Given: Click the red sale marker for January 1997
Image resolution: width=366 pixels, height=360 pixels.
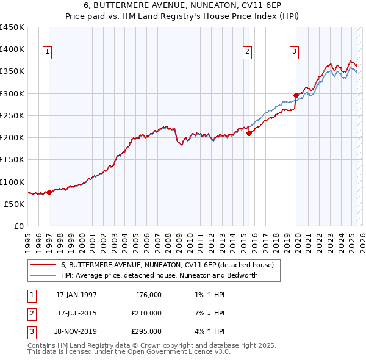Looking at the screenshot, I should (x=49, y=192).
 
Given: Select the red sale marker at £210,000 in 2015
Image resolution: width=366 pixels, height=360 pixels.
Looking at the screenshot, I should (x=249, y=133).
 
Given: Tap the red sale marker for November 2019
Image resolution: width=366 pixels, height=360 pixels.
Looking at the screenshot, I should (x=296, y=95).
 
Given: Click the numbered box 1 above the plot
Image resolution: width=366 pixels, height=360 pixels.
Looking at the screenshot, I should (x=47, y=52).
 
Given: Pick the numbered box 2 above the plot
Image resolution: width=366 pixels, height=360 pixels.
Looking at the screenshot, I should (x=247, y=52).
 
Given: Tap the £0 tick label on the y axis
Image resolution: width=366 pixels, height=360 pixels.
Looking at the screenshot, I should (x=18, y=226).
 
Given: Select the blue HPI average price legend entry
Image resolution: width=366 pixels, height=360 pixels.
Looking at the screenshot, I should (x=159, y=275).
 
